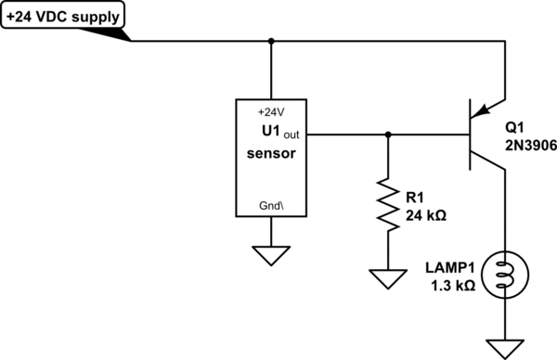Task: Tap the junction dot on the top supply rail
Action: [x=271, y=41]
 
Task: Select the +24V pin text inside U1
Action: [x=271, y=110]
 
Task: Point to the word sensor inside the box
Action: [x=272, y=155]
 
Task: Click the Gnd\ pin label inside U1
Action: [x=271, y=205]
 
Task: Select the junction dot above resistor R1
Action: [x=387, y=135]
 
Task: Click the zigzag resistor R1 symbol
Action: [x=387, y=205]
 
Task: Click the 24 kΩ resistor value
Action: [x=426, y=215]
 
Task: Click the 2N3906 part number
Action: [x=530, y=145]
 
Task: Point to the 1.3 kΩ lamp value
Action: [x=453, y=286]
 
